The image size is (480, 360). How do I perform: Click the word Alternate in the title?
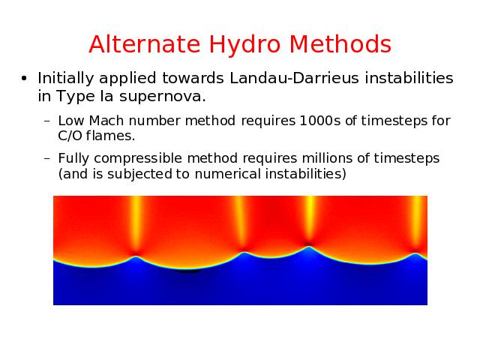(x=145, y=44)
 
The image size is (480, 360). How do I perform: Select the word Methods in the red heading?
(x=340, y=44)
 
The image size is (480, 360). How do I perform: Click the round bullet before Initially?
(x=24, y=79)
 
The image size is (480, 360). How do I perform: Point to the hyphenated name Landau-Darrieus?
(x=294, y=78)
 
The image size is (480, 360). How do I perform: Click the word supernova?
(x=163, y=97)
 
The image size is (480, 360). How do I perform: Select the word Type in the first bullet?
(x=76, y=97)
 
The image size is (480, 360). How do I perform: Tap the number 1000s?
(x=320, y=121)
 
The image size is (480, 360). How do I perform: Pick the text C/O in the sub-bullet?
(x=70, y=136)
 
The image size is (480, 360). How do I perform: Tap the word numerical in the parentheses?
(x=227, y=174)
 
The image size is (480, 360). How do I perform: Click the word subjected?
(x=139, y=175)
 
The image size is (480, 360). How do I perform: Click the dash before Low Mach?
(x=46, y=121)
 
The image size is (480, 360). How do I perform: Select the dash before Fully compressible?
(x=46, y=159)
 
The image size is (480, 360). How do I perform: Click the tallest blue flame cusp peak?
(x=309, y=247)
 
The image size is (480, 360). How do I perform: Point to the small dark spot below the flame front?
(x=189, y=271)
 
